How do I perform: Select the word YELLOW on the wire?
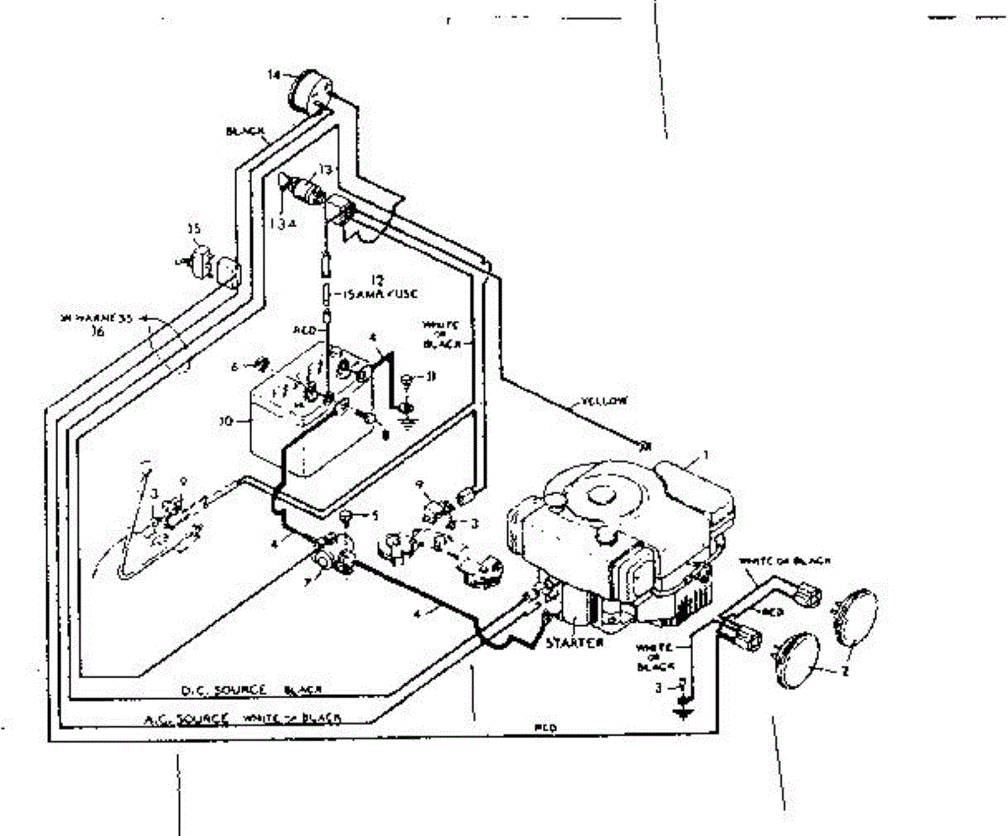[604, 402]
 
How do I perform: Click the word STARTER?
[574, 643]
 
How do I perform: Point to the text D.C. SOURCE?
[223, 691]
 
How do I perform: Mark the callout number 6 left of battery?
[237, 365]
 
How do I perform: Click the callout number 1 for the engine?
[706, 455]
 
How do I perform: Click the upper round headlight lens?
[854, 616]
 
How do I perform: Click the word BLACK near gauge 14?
[245, 132]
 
